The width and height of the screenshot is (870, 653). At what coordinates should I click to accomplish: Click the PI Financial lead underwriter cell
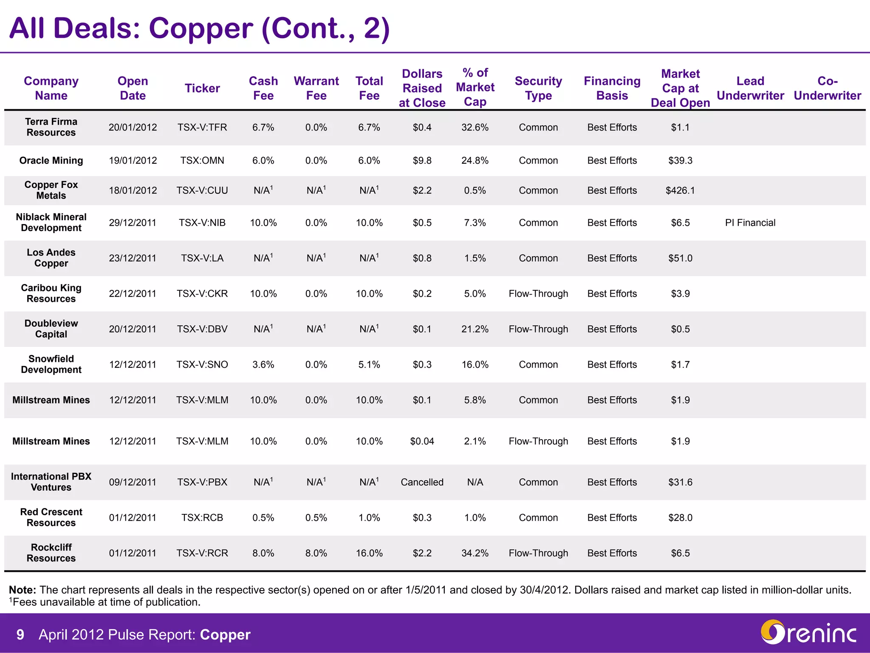750,223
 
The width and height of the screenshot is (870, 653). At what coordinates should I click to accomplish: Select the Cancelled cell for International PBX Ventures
422,482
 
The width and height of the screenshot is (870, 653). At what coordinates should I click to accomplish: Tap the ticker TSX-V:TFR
202,128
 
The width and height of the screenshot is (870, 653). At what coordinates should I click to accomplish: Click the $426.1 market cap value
680,190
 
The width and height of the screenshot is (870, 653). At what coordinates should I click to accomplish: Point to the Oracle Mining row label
51,161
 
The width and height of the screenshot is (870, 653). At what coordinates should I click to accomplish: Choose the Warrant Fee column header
316,88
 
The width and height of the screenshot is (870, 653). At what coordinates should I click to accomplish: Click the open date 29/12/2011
133,223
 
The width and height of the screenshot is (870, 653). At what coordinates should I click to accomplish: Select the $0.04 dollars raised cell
422,441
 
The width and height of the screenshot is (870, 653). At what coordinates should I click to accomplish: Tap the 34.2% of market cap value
475,553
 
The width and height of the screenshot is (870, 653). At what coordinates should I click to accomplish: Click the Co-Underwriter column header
827,88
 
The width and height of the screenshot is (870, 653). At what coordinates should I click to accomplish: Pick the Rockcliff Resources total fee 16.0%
369,553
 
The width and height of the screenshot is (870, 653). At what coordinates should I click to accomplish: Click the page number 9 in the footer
20,635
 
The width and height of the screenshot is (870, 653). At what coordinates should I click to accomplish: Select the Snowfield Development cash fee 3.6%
263,365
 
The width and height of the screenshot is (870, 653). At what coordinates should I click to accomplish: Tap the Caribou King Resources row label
51,293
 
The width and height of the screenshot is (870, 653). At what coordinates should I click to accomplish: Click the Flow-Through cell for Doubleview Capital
538,329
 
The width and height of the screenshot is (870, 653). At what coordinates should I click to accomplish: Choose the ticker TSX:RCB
202,518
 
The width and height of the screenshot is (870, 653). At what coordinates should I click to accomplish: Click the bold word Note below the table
23,590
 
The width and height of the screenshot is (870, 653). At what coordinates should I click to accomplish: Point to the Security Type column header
538,88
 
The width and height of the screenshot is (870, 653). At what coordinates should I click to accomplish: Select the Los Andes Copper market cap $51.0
680,258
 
